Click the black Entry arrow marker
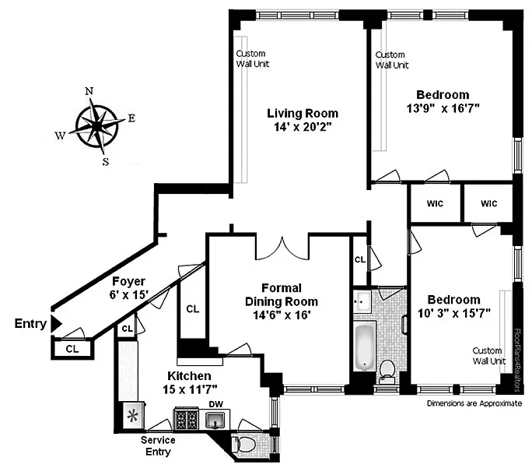click(x=56, y=324)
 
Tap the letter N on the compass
click(x=89, y=91)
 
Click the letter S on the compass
click(x=106, y=162)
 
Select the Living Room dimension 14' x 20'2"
click(x=303, y=127)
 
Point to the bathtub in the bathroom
click(x=365, y=347)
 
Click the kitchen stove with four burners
click(x=186, y=418)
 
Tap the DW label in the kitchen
click(x=216, y=404)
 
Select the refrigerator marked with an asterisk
click(x=133, y=416)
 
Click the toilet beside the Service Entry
click(x=243, y=444)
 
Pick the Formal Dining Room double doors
click(x=282, y=249)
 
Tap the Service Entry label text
click(x=158, y=446)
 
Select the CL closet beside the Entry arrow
click(x=72, y=348)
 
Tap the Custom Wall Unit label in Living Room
click(x=253, y=58)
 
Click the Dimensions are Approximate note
click(x=474, y=403)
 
